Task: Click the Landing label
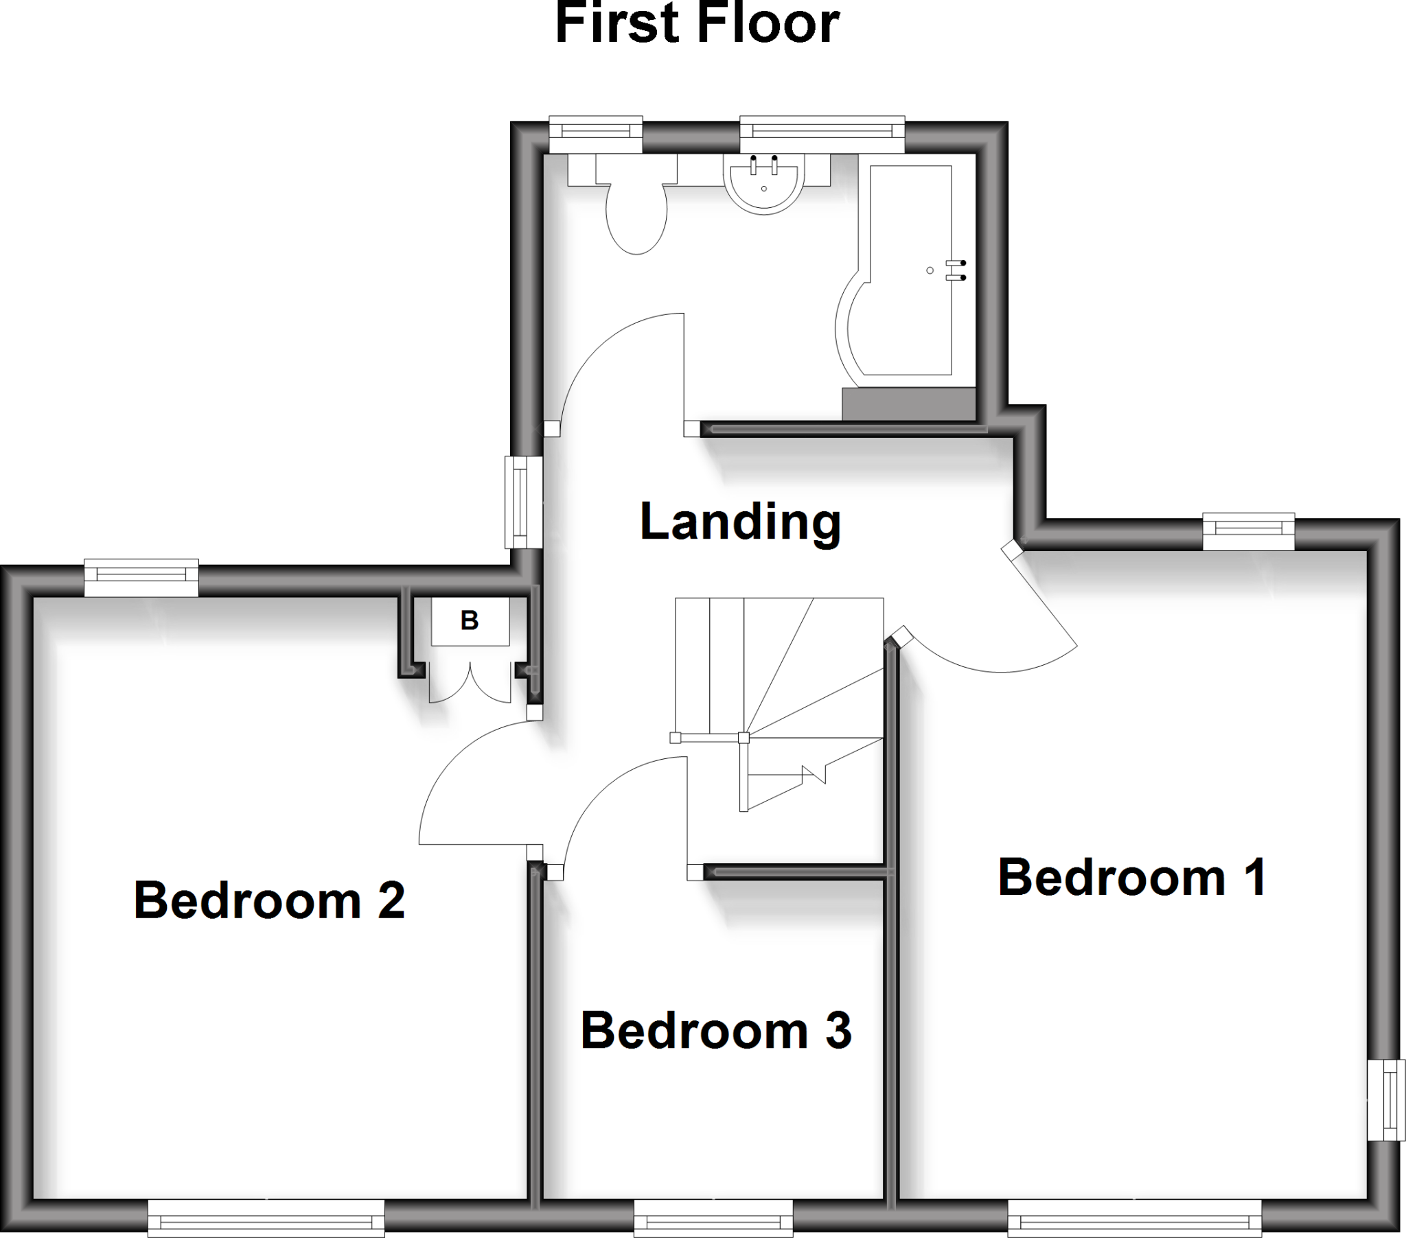(740, 522)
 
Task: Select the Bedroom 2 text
(269, 900)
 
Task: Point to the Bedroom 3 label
(716, 1030)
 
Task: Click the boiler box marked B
(470, 621)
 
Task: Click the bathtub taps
(956, 270)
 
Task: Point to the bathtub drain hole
(930, 270)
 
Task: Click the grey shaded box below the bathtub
(909, 404)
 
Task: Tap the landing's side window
(523, 503)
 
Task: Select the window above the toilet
(596, 134)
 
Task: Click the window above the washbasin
(822, 134)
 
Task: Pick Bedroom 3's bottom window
(713, 1219)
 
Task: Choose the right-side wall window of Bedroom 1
(1386, 1100)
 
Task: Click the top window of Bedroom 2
(141, 578)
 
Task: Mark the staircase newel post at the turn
(744, 738)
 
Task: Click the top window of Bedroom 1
(1249, 531)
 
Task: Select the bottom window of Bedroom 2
(266, 1219)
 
